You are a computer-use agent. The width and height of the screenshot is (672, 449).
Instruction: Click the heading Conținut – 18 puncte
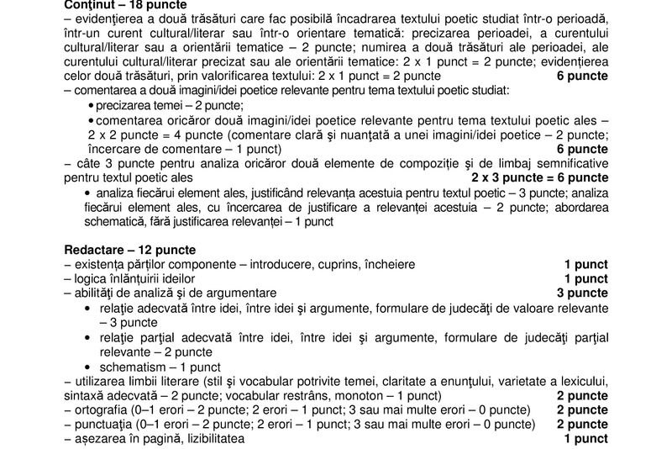coord(118,5)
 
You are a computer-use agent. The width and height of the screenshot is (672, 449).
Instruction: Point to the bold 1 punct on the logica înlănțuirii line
coord(586,278)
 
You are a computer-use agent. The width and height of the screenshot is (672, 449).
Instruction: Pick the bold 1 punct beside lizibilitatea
coord(586,439)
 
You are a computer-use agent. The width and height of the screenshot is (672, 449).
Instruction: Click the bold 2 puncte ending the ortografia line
coord(583,409)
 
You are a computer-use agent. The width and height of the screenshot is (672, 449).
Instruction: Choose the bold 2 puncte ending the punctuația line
coord(583,425)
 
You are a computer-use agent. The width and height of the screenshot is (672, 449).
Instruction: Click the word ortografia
coord(100,409)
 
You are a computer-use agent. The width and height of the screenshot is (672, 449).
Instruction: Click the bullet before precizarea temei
coord(91,106)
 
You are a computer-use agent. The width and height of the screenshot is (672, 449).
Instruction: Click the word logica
coord(91,278)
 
